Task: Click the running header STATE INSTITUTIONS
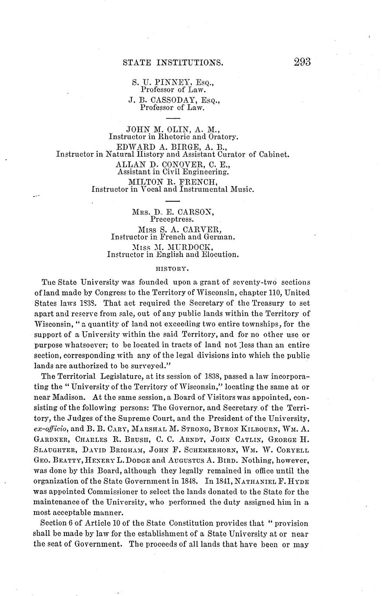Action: coord(173,63)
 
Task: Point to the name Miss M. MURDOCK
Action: coord(172,247)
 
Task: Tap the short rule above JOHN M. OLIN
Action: coord(172,118)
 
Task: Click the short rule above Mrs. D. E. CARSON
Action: coord(172,201)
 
